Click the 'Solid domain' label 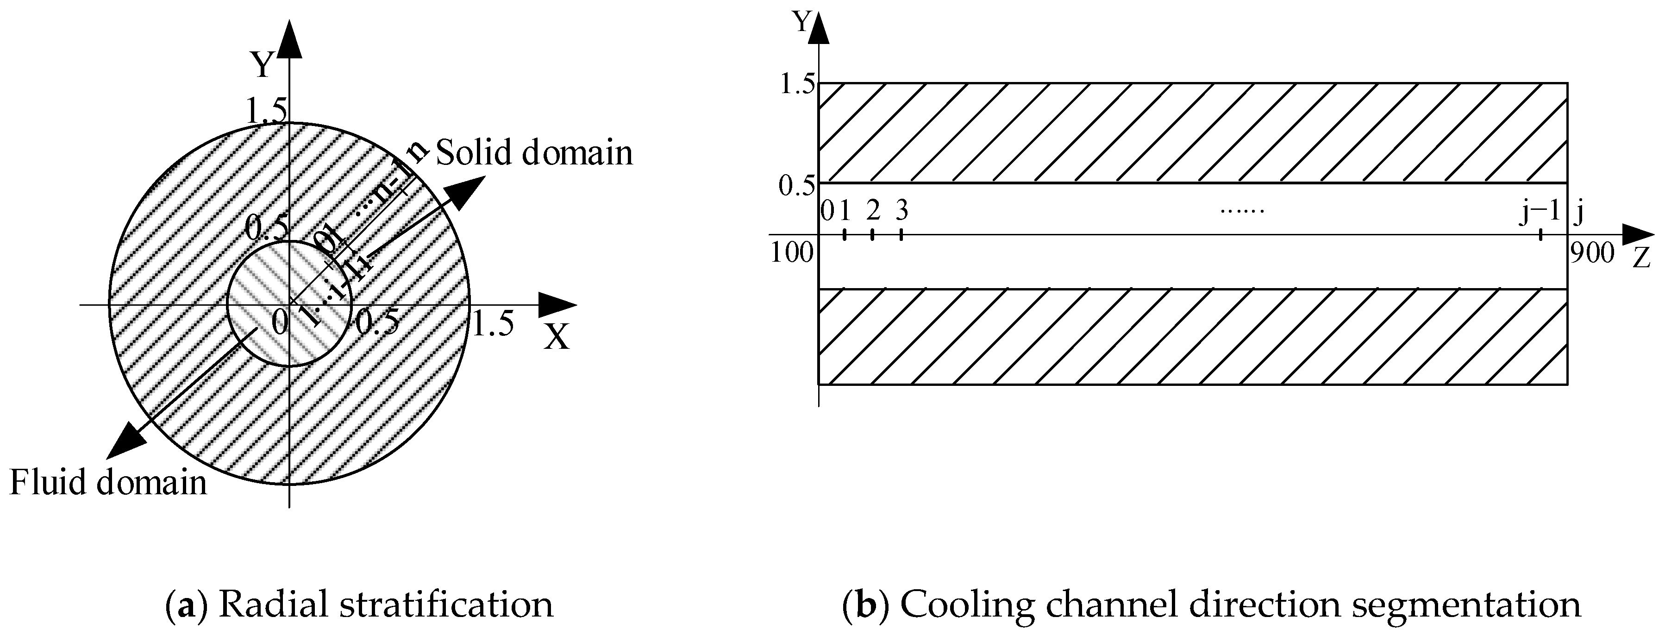click(x=534, y=153)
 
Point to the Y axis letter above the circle click(x=262, y=65)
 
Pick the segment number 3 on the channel click(x=901, y=210)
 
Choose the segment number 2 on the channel click(x=873, y=210)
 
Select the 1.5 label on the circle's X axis click(x=493, y=323)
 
